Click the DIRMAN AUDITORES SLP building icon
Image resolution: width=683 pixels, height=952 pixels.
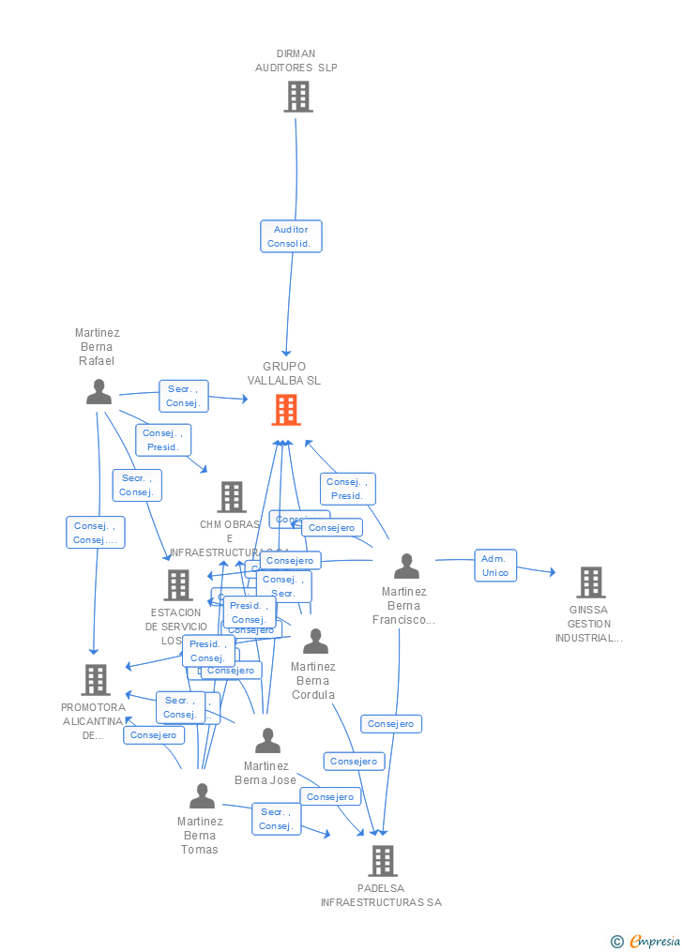click(298, 97)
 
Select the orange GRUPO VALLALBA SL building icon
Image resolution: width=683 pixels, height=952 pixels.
click(286, 410)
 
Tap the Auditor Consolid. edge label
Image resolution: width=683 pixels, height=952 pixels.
click(291, 236)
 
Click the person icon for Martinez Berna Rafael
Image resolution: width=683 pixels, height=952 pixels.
click(99, 392)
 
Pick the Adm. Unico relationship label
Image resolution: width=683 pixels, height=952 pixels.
click(495, 566)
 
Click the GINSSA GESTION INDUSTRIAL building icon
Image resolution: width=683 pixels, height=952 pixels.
click(590, 582)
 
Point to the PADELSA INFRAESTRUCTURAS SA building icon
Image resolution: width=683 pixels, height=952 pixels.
click(382, 860)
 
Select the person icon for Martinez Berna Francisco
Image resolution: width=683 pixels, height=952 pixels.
click(406, 567)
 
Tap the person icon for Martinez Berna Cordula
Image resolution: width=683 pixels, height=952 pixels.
click(315, 642)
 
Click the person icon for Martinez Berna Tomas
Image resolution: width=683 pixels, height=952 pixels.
click(202, 796)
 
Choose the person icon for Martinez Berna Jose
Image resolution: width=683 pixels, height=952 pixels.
click(267, 741)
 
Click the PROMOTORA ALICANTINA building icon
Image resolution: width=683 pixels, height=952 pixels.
click(96, 680)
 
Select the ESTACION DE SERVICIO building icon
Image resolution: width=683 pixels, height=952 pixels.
click(177, 585)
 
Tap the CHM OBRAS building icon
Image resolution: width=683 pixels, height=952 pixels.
click(232, 497)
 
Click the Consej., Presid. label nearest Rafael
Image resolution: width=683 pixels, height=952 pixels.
click(163, 440)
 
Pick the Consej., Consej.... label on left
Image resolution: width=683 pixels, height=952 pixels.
click(96, 533)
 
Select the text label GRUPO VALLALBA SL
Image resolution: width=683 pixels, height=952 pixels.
click(284, 373)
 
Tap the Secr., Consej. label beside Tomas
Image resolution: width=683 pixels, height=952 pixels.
click(275, 819)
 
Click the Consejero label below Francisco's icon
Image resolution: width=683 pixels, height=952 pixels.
click(391, 724)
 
